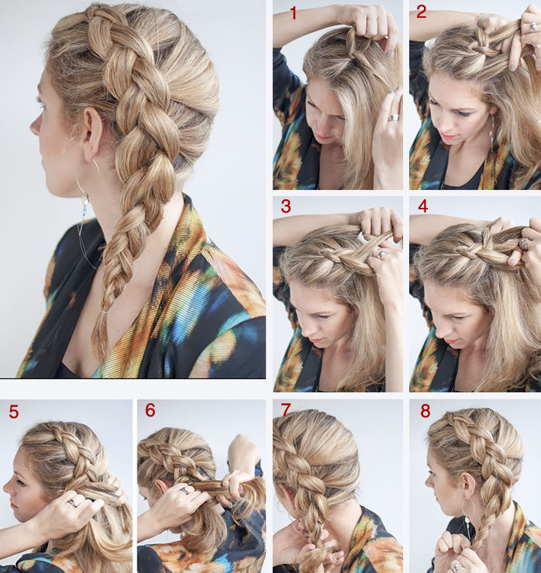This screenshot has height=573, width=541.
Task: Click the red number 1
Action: tap(293, 13)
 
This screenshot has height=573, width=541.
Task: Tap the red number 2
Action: tap(421, 12)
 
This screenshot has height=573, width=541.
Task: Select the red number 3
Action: tap(286, 206)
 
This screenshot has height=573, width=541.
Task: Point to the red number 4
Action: tap(422, 206)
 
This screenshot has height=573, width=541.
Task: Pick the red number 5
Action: tap(13, 412)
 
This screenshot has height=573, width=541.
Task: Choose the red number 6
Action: tap(150, 410)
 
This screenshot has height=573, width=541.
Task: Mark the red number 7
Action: tap(287, 410)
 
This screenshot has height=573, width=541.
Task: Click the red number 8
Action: tap(426, 411)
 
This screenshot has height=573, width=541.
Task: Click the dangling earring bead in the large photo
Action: tap(84, 199)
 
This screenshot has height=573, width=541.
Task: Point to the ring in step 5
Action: tap(73, 503)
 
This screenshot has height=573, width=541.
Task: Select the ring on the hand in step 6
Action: tap(184, 490)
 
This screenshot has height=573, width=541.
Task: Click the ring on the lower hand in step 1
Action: tap(394, 118)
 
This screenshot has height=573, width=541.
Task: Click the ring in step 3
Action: tap(381, 254)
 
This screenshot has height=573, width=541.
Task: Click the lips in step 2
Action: tap(450, 137)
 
